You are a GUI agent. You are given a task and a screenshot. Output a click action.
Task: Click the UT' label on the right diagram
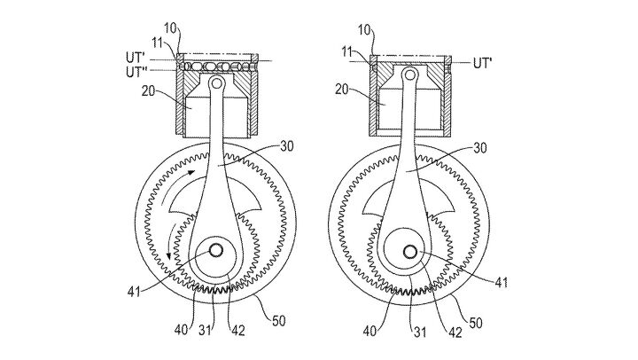(x=486, y=64)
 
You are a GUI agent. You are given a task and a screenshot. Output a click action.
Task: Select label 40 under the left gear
(x=181, y=308)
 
